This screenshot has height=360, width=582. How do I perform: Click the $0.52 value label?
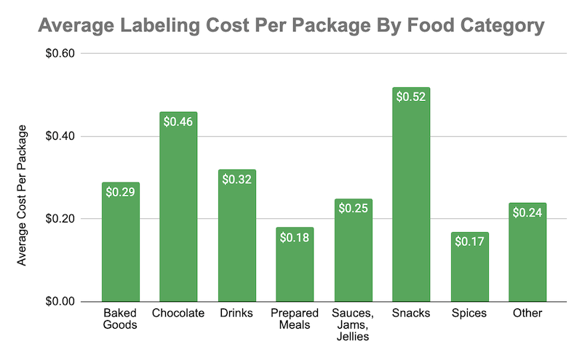pyautogui.click(x=411, y=96)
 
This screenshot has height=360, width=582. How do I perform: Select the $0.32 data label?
pyautogui.click(x=236, y=179)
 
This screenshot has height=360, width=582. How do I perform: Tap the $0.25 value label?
pyautogui.click(x=353, y=208)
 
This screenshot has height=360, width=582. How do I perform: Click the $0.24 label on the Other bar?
pyautogui.click(x=527, y=212)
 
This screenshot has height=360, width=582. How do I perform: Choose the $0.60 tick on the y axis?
pyautogui.click(x=70, y=55)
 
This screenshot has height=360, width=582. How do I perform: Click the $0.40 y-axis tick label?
pyautogui.click(x=70, y=137)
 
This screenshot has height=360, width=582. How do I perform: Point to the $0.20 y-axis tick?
pyautogui.click(x=70, y=219)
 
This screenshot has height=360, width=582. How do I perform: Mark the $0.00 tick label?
pyautogui.click(x=70, y=302)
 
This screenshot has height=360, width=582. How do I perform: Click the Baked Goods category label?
pyautogui.click(x=120, y=319)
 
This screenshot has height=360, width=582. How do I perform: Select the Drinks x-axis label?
pyautogui.click(x=236, y=313)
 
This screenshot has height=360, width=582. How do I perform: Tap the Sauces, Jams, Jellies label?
pyautogui.click(x=353, y=325)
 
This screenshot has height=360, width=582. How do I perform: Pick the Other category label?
pyautogui.click(x=527, y=313)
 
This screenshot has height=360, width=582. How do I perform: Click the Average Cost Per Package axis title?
pyautogui.click(x=22, y=195)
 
